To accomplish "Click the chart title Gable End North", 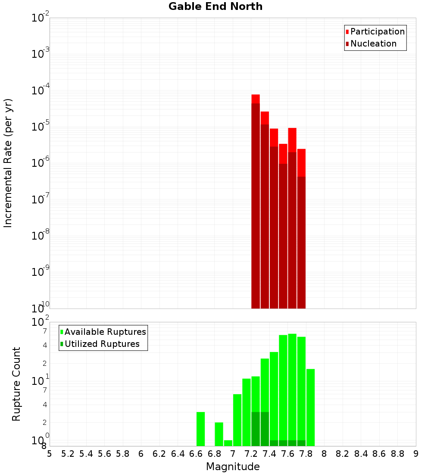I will pyautogui.click(x=215, y=6).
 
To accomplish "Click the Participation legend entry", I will pyautogui.click(x=377, y=31).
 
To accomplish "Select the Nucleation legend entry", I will pyautogui.click(x=373, y=44).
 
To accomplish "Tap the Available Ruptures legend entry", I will pyautogui.click(x=105, y=332).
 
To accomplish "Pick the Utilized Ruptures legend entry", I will pyautogui.click(x=102, y=344).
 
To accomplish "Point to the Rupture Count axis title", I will pyautogui.click(x=16, y=384).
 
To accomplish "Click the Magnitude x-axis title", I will pyautogui.click(x=233, y=467).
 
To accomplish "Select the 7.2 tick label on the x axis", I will pyautogui.click(x=251, y=454).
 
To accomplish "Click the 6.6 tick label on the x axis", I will pyautogui.click(x=196, y=454).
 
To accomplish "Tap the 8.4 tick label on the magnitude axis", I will pyautogui.click(x=361, y=454).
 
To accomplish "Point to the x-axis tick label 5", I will pyautogui.click(x=50, y=454).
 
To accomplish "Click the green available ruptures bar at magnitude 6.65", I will pyautogui.click(x=200, y=429).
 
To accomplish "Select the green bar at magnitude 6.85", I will pyautogui.click(x=219, y=434).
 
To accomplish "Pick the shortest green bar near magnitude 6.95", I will pyautogui.click(x=228, y=443).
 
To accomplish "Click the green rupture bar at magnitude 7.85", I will pyautogui.click(x=310, y=407).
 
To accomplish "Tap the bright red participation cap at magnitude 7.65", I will pyautogui.click(x=292, y=140).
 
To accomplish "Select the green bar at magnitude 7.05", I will pyautogui.click(x=237, y=420).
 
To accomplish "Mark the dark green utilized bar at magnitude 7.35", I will pyautogui.click(x=265, y=429).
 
